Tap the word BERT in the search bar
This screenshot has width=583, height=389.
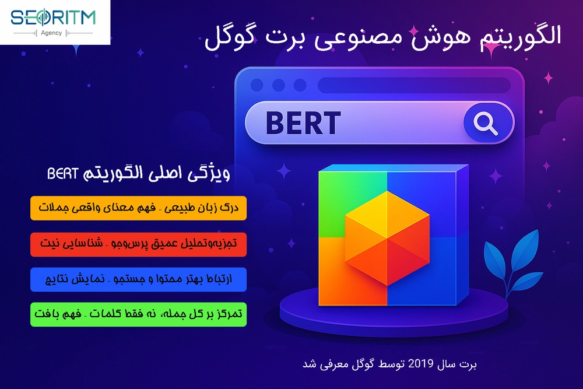(x=303, y=123)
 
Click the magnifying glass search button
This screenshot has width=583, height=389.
(x=484, y=122)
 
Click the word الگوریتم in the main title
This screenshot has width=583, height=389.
(x=516, y=36)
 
